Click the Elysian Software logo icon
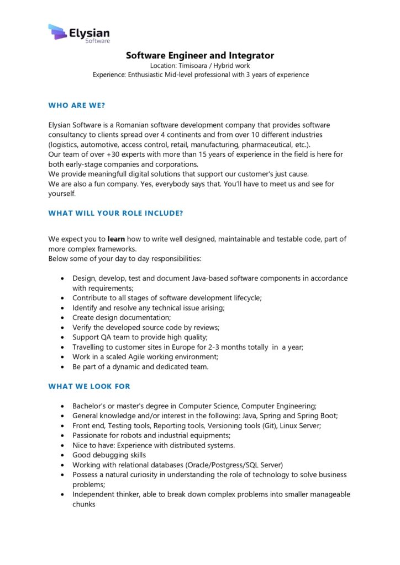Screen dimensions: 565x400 pyautogui.click(x=57, y=32)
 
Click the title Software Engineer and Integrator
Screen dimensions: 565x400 pyautogui.click(x=199, y=55)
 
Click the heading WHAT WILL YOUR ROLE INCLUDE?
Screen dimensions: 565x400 pyautogui.click(x=115, y=212)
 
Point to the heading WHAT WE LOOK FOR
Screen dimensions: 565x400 pyautogui.click(x=90, y=386)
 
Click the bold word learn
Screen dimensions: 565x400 pyautogui.click(x=116, y=239)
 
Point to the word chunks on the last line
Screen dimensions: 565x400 pyautogui.click(x=84, y=504)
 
